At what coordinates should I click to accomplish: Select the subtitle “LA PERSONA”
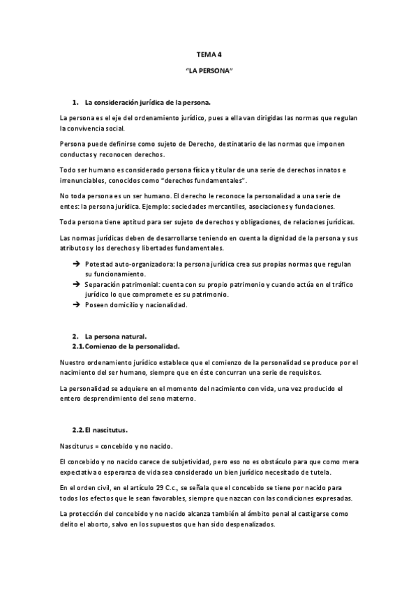pyautogui.click(x=209, y=71)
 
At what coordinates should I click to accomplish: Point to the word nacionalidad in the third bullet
pyautogui.click(x=162, y=305)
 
